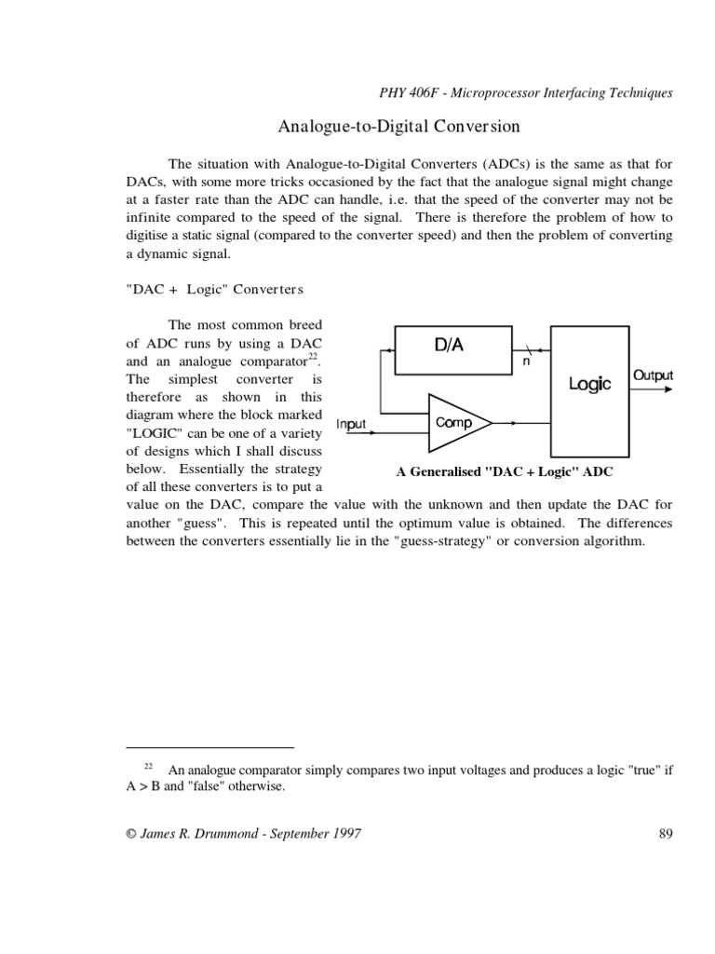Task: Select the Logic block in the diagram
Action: tap(590, 384)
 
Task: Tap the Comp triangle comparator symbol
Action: tap(453, 423)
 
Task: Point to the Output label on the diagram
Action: tap(653, 375)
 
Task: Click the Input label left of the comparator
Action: tap(352, 424)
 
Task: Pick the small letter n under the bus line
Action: tap(526, 361)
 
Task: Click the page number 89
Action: tap(665, 834)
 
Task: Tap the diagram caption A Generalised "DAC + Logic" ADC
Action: tap(505, 471)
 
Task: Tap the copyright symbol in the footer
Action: tap(129, 835)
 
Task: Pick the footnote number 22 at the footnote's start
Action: tap(148, 766)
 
